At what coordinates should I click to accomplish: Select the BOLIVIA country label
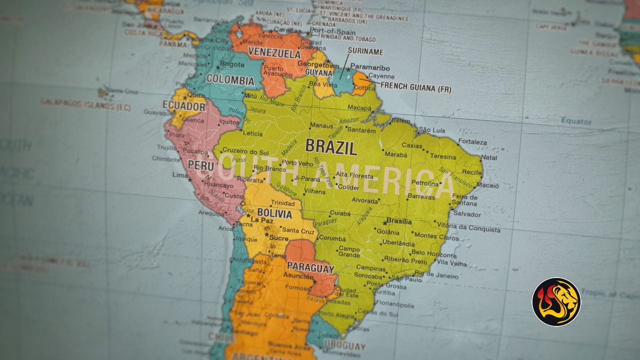click(x=274, y=214)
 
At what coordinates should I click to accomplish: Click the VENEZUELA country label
click(x=274, y=53)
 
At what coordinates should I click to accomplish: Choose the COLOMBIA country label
click(x=230, y=79)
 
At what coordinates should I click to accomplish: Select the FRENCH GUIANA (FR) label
click(x=416, y=88)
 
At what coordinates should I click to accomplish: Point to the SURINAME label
click(x=365, y=51)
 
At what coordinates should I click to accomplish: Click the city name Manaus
click(x=321, y=125)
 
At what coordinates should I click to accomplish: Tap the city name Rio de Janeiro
click(x=436, y=275)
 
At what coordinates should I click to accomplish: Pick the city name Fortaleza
click(x=472, y=142)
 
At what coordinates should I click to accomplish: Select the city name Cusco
click(x=233, y=195)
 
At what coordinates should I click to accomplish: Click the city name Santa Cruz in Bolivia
click(x=298, y=231)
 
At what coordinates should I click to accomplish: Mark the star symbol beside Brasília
click(x=385, y=222)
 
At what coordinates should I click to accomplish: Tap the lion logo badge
click(x=556, y=302)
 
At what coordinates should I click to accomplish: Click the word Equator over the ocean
click(x=576, y=121)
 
